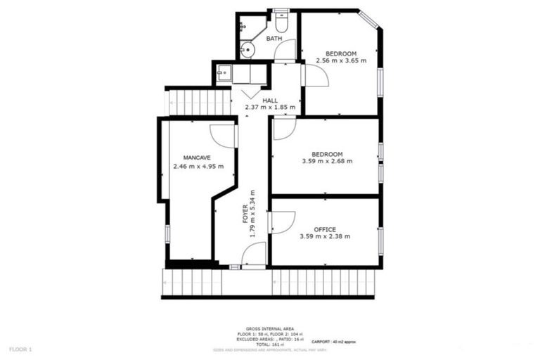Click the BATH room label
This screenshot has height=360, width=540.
pos(274,39)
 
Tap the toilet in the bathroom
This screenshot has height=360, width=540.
pos(281,16)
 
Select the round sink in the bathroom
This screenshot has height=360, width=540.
pos(246,49)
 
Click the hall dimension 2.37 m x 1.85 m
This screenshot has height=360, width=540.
pos(270,108)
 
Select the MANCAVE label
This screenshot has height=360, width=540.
pos(198,157)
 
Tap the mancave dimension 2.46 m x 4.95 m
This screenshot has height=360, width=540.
pos(198,167)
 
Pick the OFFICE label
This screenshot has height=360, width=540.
pos(325,229)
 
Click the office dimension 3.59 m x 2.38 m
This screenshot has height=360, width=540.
pos(325,237)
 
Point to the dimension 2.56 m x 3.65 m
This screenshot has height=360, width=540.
pos(340,61)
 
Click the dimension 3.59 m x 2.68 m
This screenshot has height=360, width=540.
pos(327,162)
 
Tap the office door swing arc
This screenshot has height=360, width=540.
pos(283,221)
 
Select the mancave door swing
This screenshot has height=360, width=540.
pos(224,136)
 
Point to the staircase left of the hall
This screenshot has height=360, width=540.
pos(198,102)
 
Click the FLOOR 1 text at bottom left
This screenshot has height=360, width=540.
pos(20,349)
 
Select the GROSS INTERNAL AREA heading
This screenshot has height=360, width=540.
pos(270,328)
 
